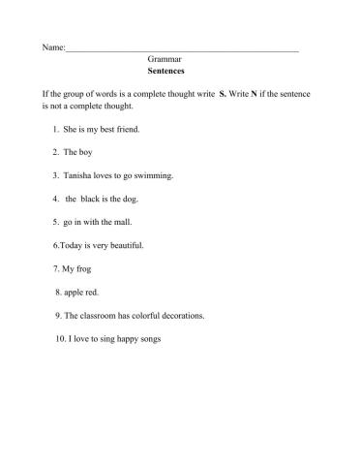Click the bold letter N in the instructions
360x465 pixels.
tap(257, 96)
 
